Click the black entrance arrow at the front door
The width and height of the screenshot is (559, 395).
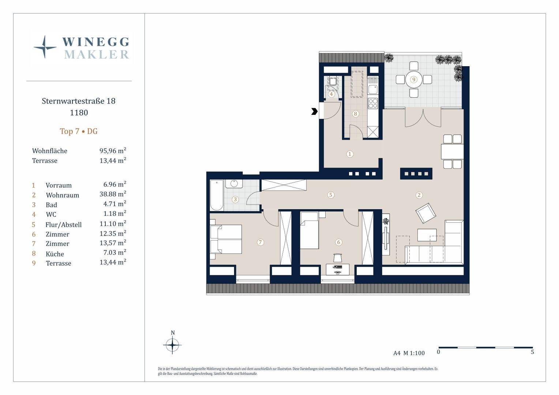coord(315,111)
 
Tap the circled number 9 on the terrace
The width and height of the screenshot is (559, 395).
coord(414,80)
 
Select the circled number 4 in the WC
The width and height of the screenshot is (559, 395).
coord(331,94)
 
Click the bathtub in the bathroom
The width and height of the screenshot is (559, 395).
coord(217,195)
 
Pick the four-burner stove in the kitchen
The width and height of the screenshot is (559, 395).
coord(373,104)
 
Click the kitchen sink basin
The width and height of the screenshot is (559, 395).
coord(373,89)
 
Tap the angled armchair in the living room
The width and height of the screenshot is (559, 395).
coord(425,213)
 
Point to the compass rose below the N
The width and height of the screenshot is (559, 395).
coord(172,345)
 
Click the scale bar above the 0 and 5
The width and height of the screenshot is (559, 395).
coord(485,347)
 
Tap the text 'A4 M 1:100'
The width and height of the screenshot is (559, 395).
coord(409,353)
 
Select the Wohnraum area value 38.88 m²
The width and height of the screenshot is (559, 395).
coord(113,194)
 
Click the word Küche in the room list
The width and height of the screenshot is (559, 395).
coord(55,254)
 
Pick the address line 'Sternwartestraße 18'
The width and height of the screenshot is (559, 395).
coord(79,101)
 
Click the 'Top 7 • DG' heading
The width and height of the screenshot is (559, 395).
coord(79,131)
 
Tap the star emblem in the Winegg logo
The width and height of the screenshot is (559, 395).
coord(45,47)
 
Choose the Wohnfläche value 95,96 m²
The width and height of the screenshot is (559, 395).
coord(113,151)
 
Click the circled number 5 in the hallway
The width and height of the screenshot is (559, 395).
coord(331,195)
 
